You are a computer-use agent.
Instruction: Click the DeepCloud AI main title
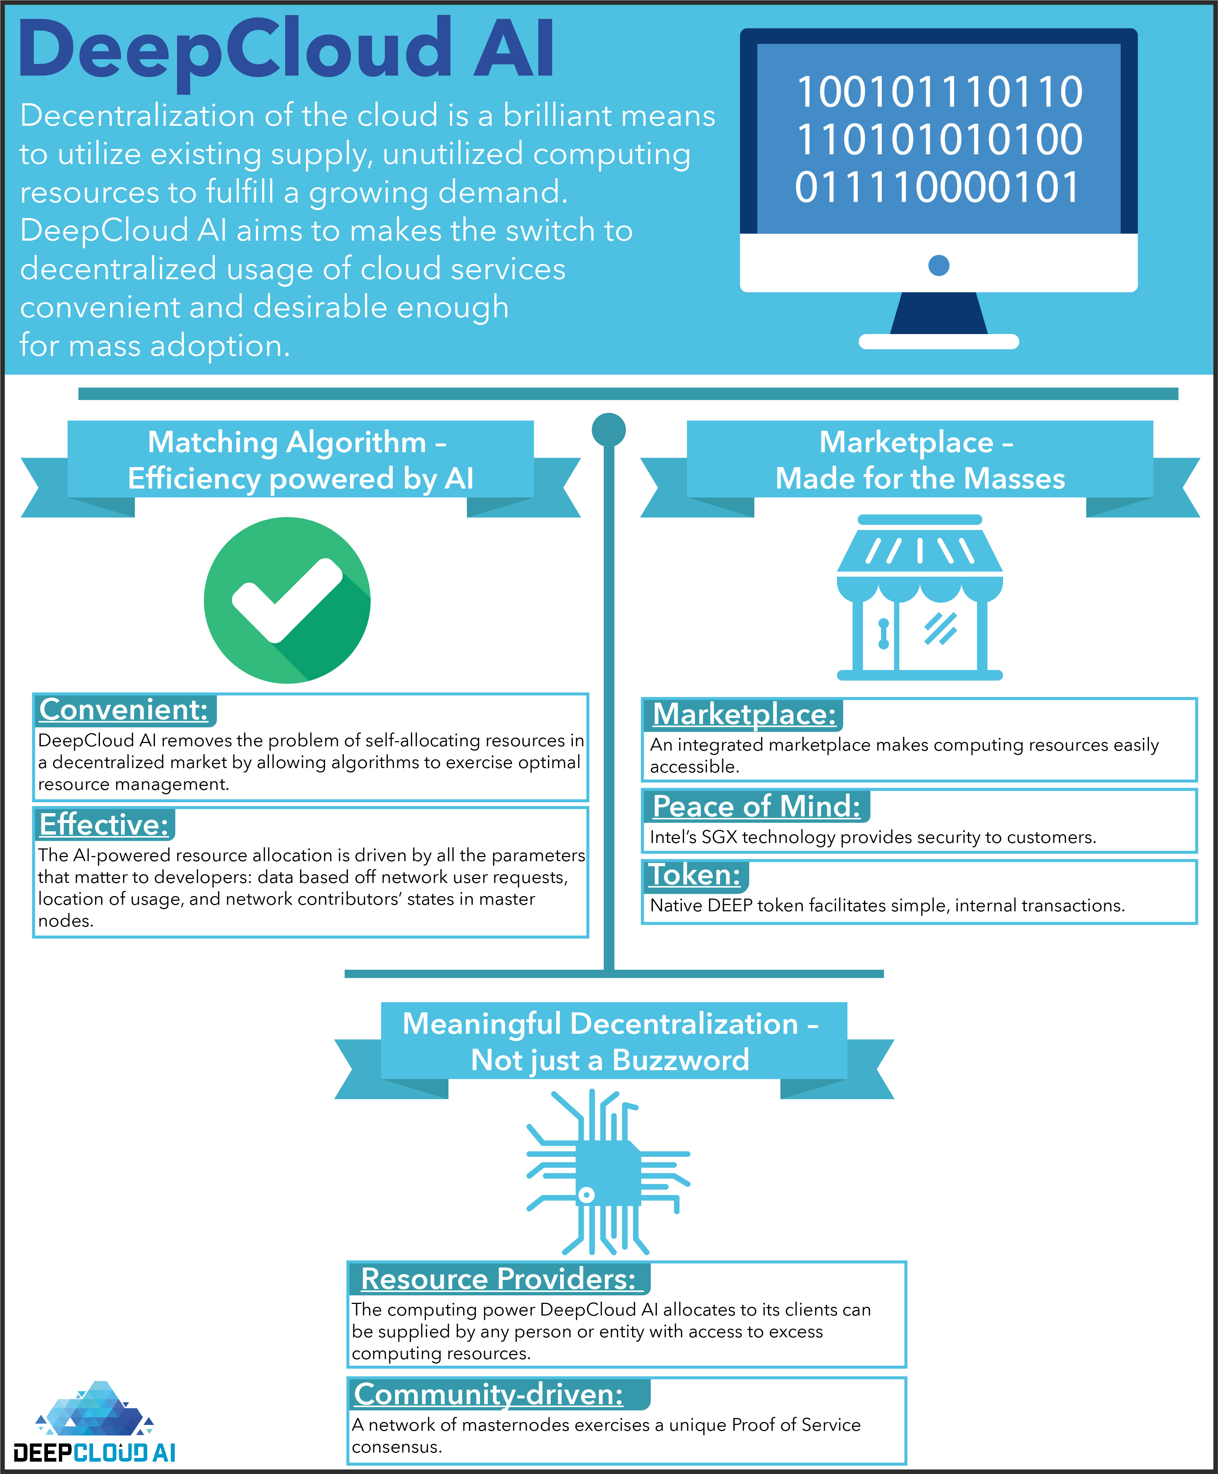pos(286,49)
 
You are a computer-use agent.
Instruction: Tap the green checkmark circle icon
pos(287,600)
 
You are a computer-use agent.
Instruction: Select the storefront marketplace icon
pos(919,598)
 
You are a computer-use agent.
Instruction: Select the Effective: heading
pos(104,824)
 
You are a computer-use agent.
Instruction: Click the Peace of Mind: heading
pos(756,806)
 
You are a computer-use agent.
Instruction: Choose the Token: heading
pos(695,875)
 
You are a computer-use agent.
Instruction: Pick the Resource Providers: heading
pos(498,1279)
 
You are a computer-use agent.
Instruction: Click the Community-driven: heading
pos(489,1394)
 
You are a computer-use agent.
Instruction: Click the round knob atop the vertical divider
pos(608,429)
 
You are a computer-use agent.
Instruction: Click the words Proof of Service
pos(796,1425)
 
